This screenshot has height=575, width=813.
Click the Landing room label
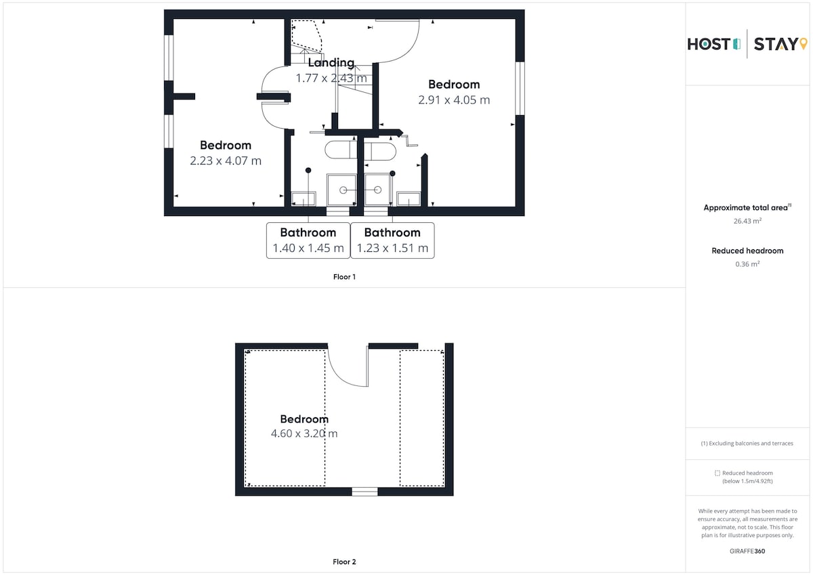(x=331, y=63)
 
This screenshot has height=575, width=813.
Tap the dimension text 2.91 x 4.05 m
(x=454, y=100)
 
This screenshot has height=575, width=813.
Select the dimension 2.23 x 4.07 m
(x=226, y=161)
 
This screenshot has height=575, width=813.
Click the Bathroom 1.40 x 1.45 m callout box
(x=308, y=240)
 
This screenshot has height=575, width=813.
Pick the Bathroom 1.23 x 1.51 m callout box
(x=392, y=240)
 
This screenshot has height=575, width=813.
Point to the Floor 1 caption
(x=344, y=277)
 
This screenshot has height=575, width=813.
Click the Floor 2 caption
(x=344, y=561)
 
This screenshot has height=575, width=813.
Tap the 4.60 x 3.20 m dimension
(x=304, y=433)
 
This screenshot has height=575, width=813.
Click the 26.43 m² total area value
(x=747, y=221)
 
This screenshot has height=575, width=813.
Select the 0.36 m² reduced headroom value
(x=747, y=263)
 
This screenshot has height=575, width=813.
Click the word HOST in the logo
(x=709, y=44)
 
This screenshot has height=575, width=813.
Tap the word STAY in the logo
(x=776, y=44)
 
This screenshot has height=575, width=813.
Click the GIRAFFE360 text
(x=747, y=551)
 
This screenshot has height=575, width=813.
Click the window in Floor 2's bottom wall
(x=364, y=492)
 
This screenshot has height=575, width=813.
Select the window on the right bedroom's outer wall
(x=520, y=88)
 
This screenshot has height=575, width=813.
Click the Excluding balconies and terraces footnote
(x=747, y=444)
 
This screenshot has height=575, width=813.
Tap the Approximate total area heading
(x=747, y=207)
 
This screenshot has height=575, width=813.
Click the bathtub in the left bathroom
(x=341, y=150)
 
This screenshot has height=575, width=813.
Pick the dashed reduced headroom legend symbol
(x=717, y=473)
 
